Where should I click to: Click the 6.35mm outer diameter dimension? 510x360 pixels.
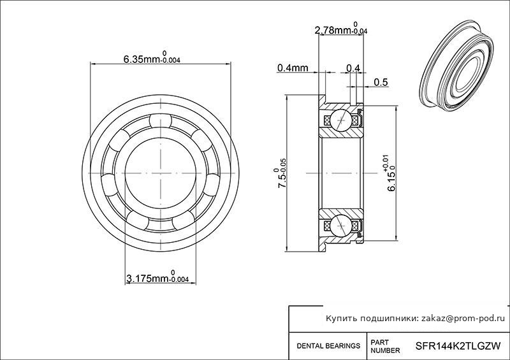pyautogui.click(x=152, y=57)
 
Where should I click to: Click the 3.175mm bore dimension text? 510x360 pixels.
pyautogui.click(x=157, y=277)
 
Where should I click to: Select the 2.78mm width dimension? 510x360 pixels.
pyautogui.click(x=341, y=29)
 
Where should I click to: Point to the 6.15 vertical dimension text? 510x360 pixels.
pyautogui.click(x=390, y=173)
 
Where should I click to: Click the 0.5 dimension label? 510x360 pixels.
pyautogui.click(x=381, y=82)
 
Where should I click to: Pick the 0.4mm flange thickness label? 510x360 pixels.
pyautogui.click(x=293, y=68)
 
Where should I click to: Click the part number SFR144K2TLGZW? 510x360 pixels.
pyautogui.click(x=458, y=346)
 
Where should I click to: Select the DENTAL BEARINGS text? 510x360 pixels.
pyautogui.click(x=328, y=346)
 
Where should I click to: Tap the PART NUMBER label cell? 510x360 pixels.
pyautogui.click(x=385, y=347)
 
